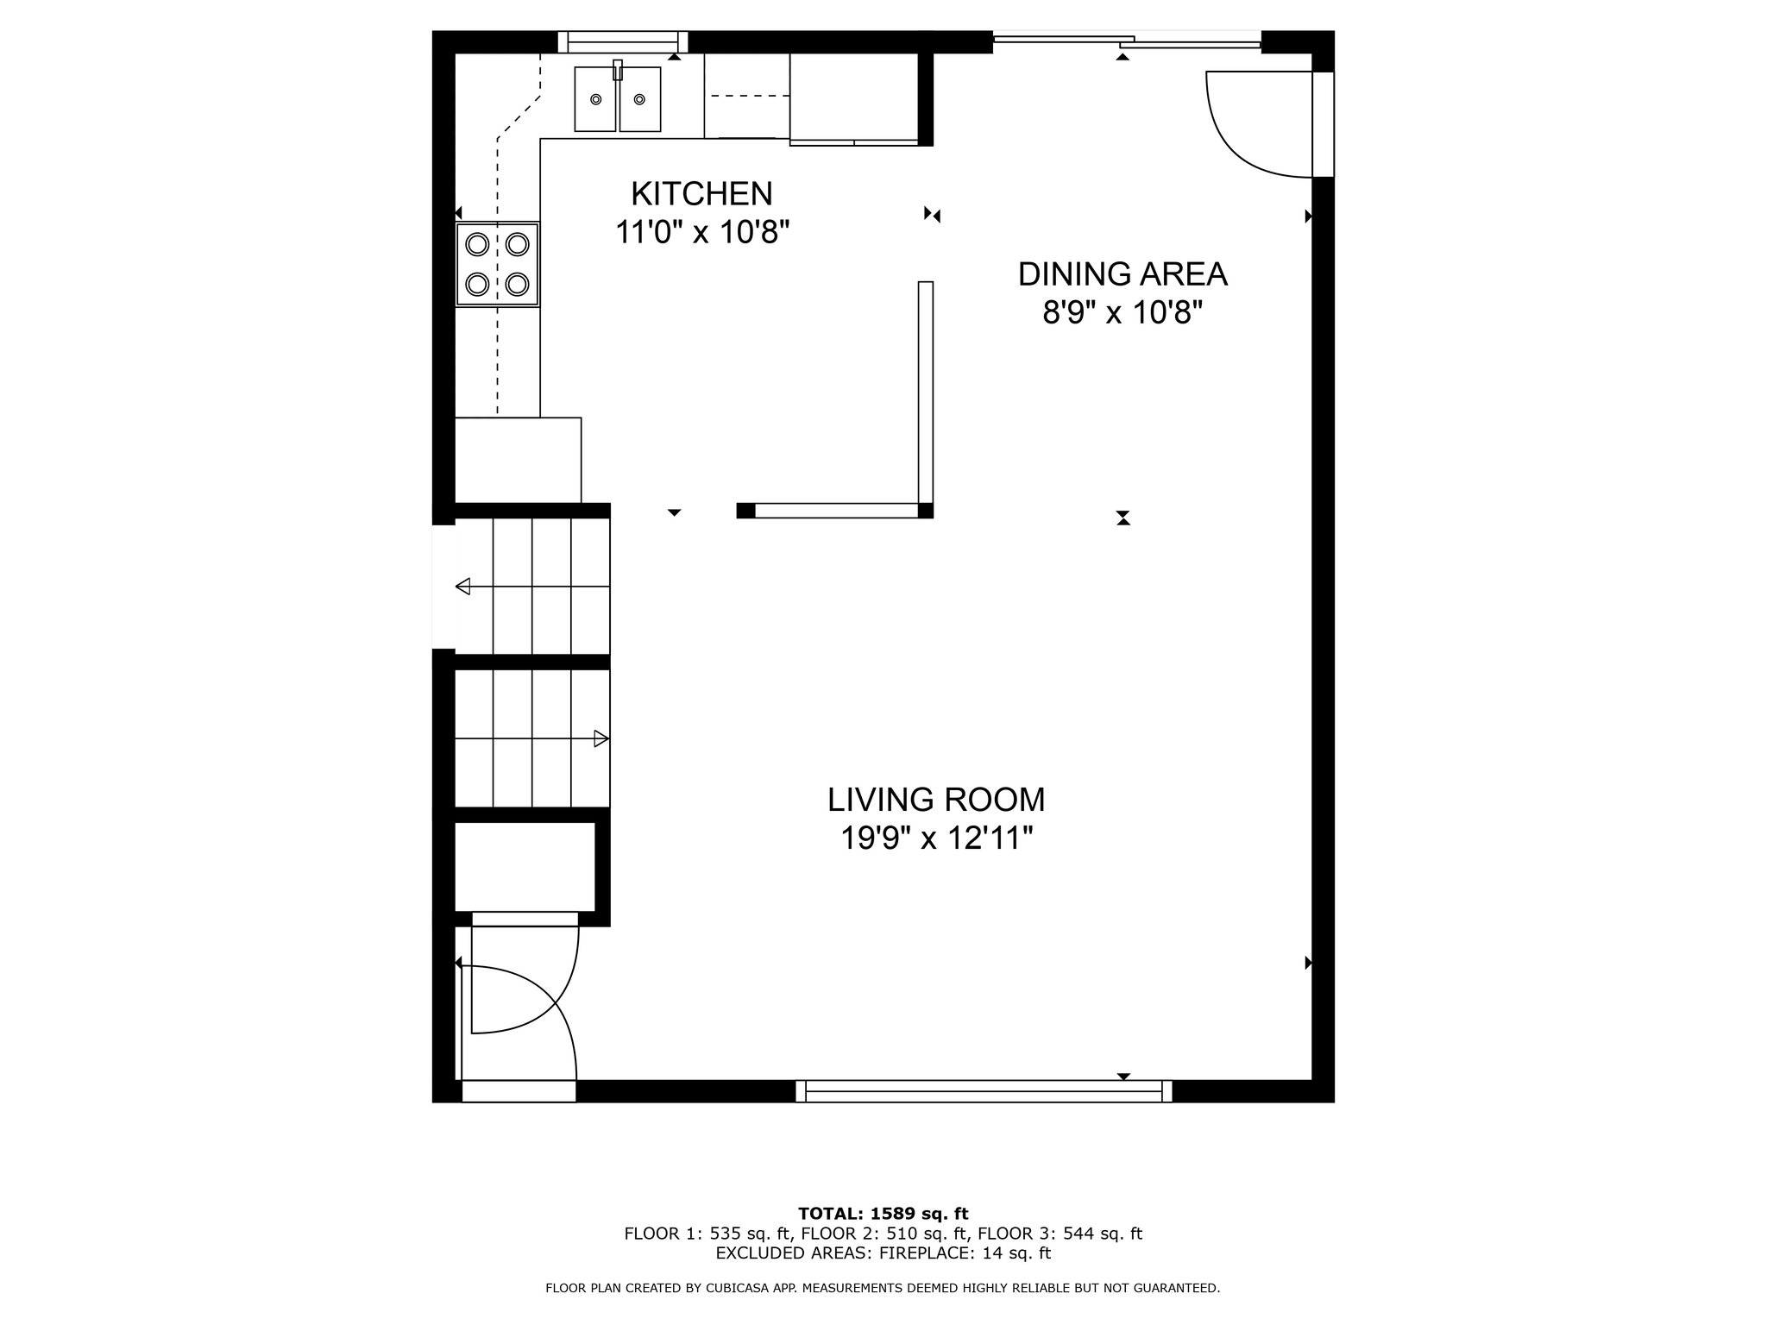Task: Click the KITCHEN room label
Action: click(x=701, y=194)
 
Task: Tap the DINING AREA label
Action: click(x=1122, y=274)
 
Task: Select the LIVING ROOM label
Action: click(x=936, y=800)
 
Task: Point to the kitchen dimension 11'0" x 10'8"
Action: click(x=702, y=232)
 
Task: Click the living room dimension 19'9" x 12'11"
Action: click(x=937, y=838)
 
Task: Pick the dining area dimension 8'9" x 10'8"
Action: click(x=1122, y=312)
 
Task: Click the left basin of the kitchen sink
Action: click(x=595, y=99)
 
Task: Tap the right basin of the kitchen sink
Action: click(x=640, y=99)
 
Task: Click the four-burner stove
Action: click(x=497, y=264)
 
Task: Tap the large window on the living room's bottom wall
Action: click(x=984, y=1091)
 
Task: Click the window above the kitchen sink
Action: click(x=623, y=41)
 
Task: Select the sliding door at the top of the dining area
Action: click(x=1128, y=39)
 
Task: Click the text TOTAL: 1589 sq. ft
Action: click(x=883, y=1214)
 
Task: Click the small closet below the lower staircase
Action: click(x=525, y=867)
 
